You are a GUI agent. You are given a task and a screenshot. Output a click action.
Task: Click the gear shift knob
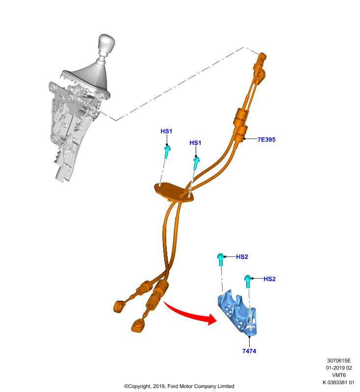click(106, 43)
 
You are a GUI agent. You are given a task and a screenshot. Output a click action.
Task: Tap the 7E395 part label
click(266, 140)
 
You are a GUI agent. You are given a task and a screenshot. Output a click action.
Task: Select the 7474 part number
click(249, 351)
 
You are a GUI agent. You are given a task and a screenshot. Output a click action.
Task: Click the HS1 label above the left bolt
click(166, 131)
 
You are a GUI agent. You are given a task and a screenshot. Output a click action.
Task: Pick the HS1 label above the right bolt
click(195, 143)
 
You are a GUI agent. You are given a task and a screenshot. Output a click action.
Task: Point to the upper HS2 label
click(242, 257)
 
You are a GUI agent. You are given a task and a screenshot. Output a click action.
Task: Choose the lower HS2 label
click(269, 279)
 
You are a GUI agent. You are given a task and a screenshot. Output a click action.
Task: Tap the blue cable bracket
click(237, 312)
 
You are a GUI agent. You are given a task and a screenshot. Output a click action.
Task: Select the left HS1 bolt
click(167, 152)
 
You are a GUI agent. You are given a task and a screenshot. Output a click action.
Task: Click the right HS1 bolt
click(196, 163)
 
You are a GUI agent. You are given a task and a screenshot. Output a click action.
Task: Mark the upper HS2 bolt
click(220, 260)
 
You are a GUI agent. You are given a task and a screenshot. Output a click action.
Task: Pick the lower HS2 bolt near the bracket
click(247, 281)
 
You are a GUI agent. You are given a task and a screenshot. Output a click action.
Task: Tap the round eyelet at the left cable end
click(119, 307)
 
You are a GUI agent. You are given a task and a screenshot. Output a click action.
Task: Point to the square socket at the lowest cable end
click(138, 326)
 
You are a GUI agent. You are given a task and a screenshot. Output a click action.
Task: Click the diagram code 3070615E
click(339, 361)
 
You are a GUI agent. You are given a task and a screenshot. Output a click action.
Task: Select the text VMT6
click(339, 375)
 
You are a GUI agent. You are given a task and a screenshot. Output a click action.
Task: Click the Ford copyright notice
click(179, 386)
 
